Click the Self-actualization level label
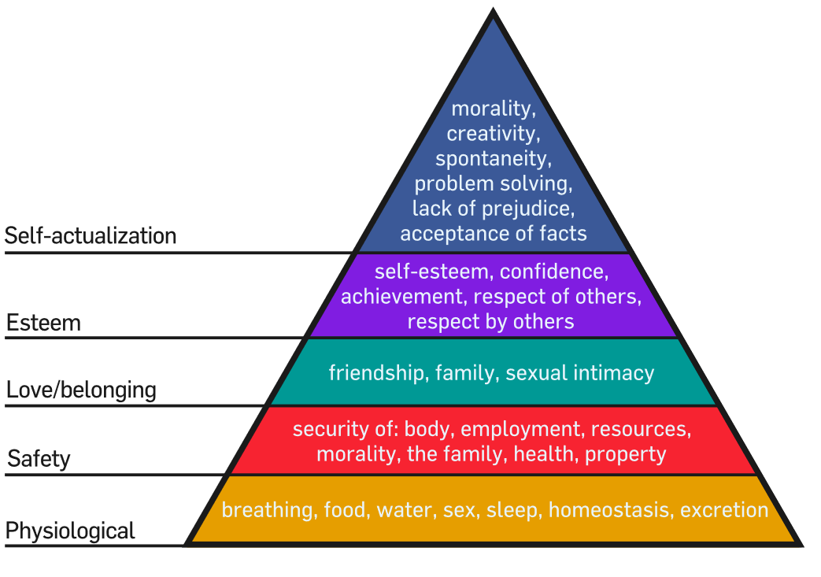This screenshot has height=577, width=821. point(90,235)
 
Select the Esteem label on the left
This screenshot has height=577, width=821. point(43,323)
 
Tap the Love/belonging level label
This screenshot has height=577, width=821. point(81,390)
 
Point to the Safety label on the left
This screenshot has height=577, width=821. point(39,459)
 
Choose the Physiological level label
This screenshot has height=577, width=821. point(70,531)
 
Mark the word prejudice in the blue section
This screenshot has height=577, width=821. point(528,209)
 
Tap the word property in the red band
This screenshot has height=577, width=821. point(625,454)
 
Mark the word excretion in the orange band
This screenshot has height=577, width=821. point(724,511)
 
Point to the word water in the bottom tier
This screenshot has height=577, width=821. point(407,511)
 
